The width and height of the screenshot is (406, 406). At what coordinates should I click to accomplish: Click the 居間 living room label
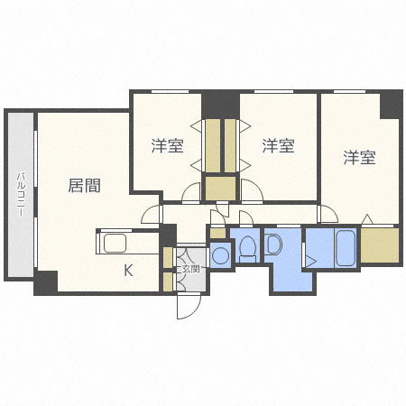[x=84, y=186]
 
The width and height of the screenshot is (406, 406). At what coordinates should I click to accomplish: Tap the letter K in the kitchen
[x=128, y=269]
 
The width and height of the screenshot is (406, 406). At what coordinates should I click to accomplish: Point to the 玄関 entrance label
[x=189, y=268]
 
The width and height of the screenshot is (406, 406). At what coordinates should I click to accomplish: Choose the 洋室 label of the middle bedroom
[x=277, y=143]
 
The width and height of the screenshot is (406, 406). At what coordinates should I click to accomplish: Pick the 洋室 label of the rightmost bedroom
[x=358, y=158]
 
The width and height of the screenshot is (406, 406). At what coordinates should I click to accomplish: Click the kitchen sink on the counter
[x=115, y=244]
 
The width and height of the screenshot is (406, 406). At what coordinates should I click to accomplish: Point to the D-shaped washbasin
[x=274, y=245]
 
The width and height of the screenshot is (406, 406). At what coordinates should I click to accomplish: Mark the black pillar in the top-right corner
[x=390, y=103]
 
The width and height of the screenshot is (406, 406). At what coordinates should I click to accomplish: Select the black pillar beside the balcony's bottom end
[x=45, y=281]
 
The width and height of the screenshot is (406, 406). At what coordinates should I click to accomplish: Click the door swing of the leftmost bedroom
[x=190, y=193]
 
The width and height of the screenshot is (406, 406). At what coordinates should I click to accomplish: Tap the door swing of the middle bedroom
[x=252, y=191]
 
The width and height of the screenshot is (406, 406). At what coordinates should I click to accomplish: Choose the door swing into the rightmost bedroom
[x=328, y=215]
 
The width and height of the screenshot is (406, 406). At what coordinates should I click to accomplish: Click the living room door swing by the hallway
[x=151, y=215]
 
